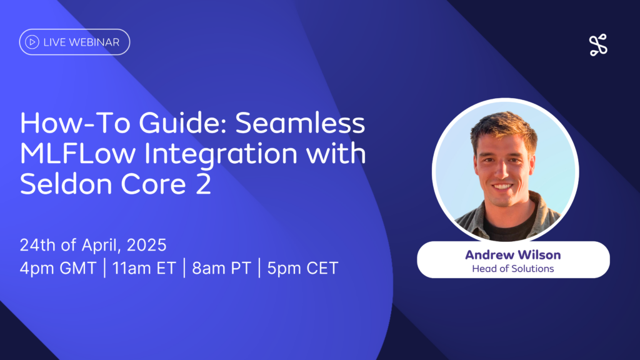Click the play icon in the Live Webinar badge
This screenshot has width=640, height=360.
click(32, 42)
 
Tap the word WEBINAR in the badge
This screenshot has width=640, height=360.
click(94, 42)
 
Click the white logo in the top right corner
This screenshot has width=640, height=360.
click(598, 45)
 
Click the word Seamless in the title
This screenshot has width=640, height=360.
click(300, 123)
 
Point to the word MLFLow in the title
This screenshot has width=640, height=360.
click(77, 154)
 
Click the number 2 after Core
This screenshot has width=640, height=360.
click(203, 184)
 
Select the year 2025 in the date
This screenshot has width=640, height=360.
click(146, 245)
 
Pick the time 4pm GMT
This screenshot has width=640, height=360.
click(58, 268)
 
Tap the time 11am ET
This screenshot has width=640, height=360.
click(144, 268)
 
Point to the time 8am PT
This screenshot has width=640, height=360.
click(221, 268)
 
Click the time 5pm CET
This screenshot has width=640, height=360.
click(302, 268)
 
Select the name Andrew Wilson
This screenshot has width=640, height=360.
click(513, 255)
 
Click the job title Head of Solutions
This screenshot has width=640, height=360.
click(513, 269)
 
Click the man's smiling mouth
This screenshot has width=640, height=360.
click(502, 186)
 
